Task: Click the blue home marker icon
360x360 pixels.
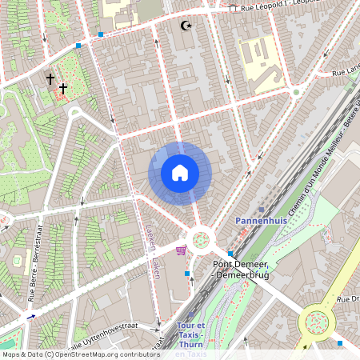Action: point(180,173)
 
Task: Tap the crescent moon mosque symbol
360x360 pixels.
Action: point(188,26)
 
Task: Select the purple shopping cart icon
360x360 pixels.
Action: point(180,250)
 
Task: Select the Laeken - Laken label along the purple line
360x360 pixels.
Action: point(151,250)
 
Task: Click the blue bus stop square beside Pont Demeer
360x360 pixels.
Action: point(230,253)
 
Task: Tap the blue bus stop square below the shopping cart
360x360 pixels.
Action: point(188,274)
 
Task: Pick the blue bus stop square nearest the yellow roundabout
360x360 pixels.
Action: point(340,343)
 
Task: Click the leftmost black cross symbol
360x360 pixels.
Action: point(50,79)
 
